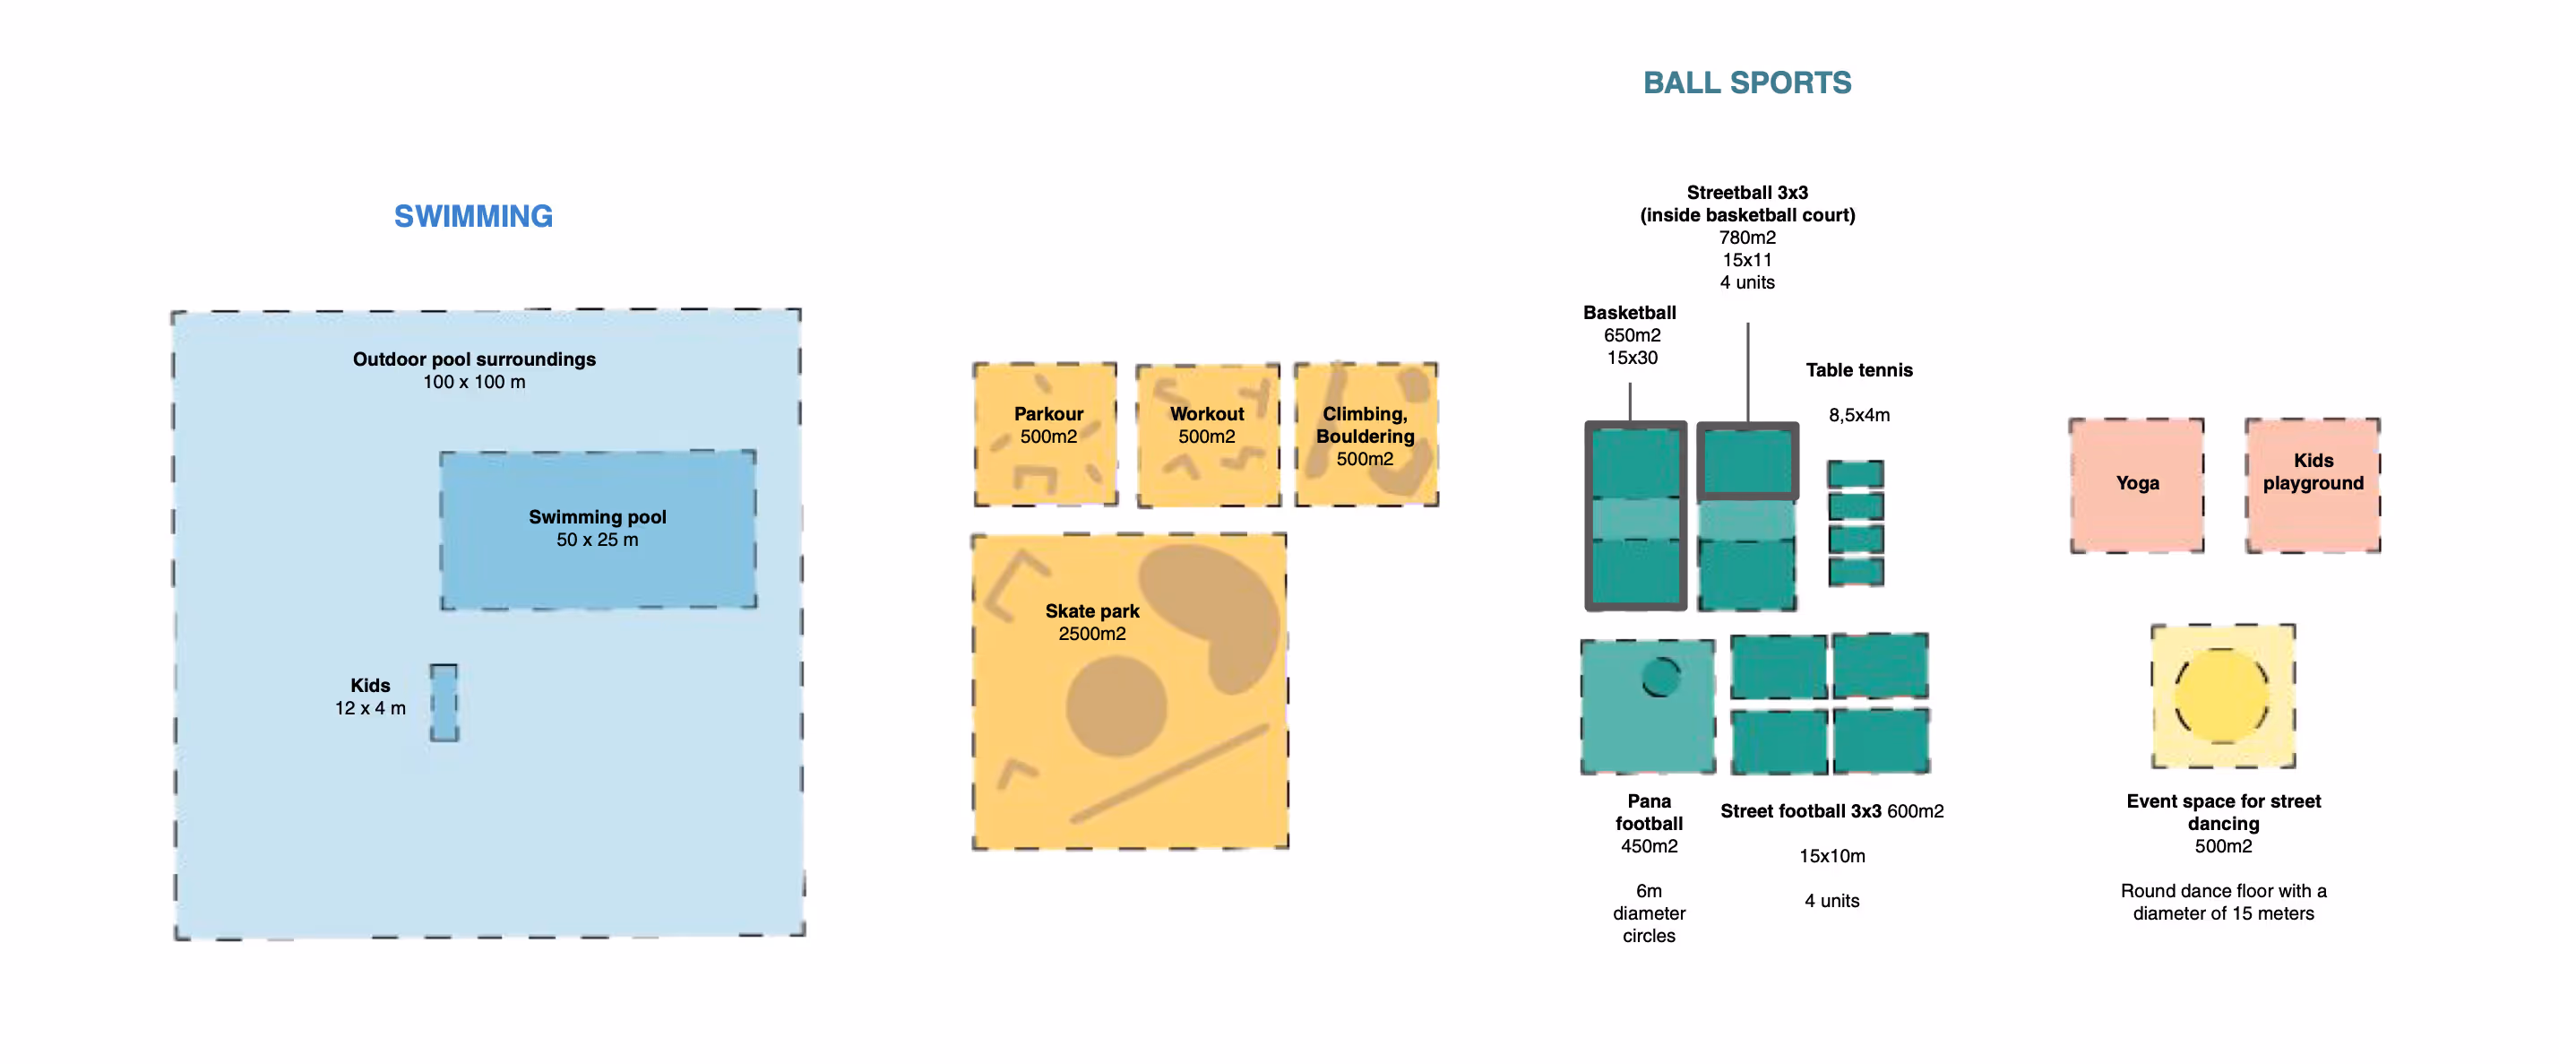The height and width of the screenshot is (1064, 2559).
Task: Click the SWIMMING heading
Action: pos(473,216)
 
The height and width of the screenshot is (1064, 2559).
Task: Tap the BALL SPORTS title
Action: pos(1746,82)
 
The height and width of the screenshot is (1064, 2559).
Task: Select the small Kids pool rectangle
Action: pos(444,703)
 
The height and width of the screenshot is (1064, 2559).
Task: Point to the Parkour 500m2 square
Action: pos(1046,467)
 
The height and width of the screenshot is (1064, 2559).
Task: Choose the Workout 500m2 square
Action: pos(1207,467)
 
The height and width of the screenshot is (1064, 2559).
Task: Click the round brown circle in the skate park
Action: pos(1116,705)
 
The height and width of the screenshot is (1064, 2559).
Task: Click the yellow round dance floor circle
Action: pos(2222,696)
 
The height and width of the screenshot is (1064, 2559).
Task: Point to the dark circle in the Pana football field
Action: pos(1661,677)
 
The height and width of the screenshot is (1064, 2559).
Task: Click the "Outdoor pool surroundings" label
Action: pos(474,359)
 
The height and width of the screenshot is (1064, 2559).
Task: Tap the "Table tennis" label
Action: pos(1858,369)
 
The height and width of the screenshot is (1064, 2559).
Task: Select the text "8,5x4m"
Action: pos(1858,415)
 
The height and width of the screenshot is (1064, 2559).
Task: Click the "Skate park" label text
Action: pos(1091,611)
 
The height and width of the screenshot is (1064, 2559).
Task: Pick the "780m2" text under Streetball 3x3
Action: pos(1746,238)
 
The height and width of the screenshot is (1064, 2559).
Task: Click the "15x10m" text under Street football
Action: pos(1831,855)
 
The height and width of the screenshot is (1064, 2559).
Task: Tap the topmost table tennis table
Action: pos(1856,474)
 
